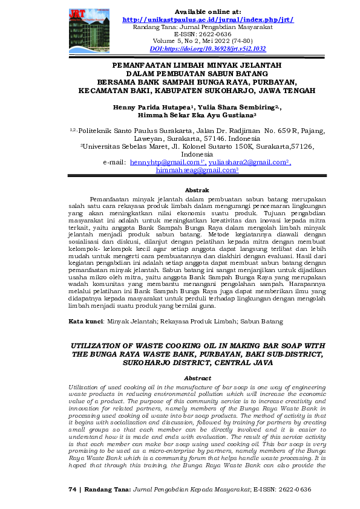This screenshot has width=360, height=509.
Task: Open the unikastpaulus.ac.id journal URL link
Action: [208, 20]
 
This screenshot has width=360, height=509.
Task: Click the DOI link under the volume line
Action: [208, 48]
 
